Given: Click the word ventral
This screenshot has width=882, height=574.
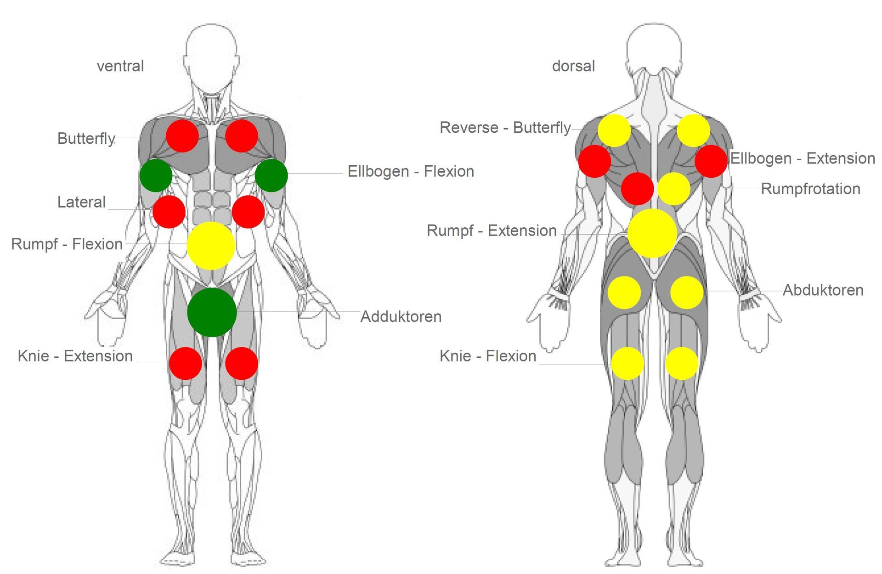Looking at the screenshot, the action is pos(120,66).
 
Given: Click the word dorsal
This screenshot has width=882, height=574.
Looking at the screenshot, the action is pos(573,66).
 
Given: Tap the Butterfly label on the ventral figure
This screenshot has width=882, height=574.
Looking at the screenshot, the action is pos(86,138).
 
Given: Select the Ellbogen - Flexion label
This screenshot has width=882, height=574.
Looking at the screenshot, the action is pos(411,171).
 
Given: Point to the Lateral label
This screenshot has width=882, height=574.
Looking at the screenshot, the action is pos(81,202).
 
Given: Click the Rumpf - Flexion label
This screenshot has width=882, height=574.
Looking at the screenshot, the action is pos(67,244).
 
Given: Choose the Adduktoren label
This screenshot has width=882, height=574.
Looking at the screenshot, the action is pos(401,316).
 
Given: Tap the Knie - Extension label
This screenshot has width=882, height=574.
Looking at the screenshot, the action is pos(75,356).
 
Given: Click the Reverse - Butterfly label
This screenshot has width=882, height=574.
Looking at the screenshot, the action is pos(505,128).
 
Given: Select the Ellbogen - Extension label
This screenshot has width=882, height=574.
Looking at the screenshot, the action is pos(803,158).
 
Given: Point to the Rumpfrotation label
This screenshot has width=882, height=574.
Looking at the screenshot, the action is pos(811,189).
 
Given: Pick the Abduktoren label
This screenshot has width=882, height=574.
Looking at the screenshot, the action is pos(823,290).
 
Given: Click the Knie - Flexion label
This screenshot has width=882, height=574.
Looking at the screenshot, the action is pos(488,356).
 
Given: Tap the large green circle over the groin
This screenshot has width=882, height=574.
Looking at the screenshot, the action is pos(212,312).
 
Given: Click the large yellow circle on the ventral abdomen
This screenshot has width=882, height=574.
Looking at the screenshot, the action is pos(211,246).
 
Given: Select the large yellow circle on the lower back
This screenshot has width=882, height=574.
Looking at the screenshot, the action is pos(652,233).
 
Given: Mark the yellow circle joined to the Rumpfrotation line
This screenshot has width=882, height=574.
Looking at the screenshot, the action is pos(674,189).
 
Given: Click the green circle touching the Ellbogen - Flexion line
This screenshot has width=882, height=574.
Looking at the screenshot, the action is pos(271,175).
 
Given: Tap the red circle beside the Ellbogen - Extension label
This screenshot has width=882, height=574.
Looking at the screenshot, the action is pos(711,161).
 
